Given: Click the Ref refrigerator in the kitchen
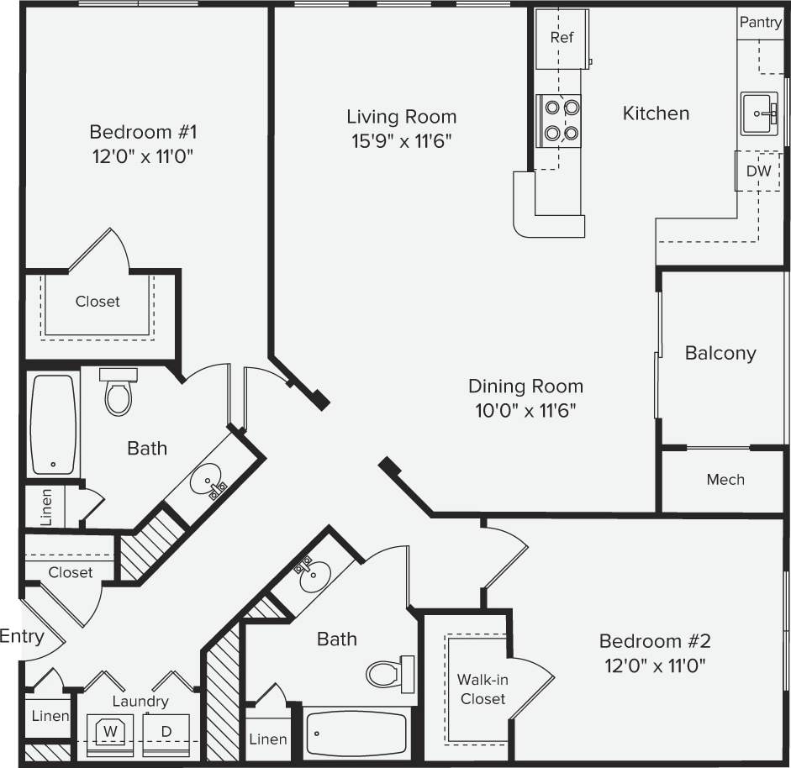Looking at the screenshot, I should (562, 39).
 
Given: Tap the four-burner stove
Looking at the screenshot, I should (561, 120).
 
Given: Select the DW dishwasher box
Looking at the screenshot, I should (758, 171).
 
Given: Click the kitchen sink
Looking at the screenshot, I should (760, 113).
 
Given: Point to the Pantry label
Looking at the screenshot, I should (760, 23).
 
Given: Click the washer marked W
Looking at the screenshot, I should (109, 730).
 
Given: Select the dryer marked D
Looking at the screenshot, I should (166, 730).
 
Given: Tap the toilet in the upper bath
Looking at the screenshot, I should (119, 392).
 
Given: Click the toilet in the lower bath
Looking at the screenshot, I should (389, 673).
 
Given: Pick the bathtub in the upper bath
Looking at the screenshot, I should (54, 424).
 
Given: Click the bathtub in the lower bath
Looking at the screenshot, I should (356, 734).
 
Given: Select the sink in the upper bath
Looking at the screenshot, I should (207, 482).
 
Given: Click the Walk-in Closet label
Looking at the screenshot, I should (483, 689).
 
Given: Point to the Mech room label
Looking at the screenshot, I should (725, 480).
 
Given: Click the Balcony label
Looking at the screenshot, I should (720, 354).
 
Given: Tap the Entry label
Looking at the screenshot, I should (21, 636).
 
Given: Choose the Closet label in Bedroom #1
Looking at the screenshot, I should (98, 301).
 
